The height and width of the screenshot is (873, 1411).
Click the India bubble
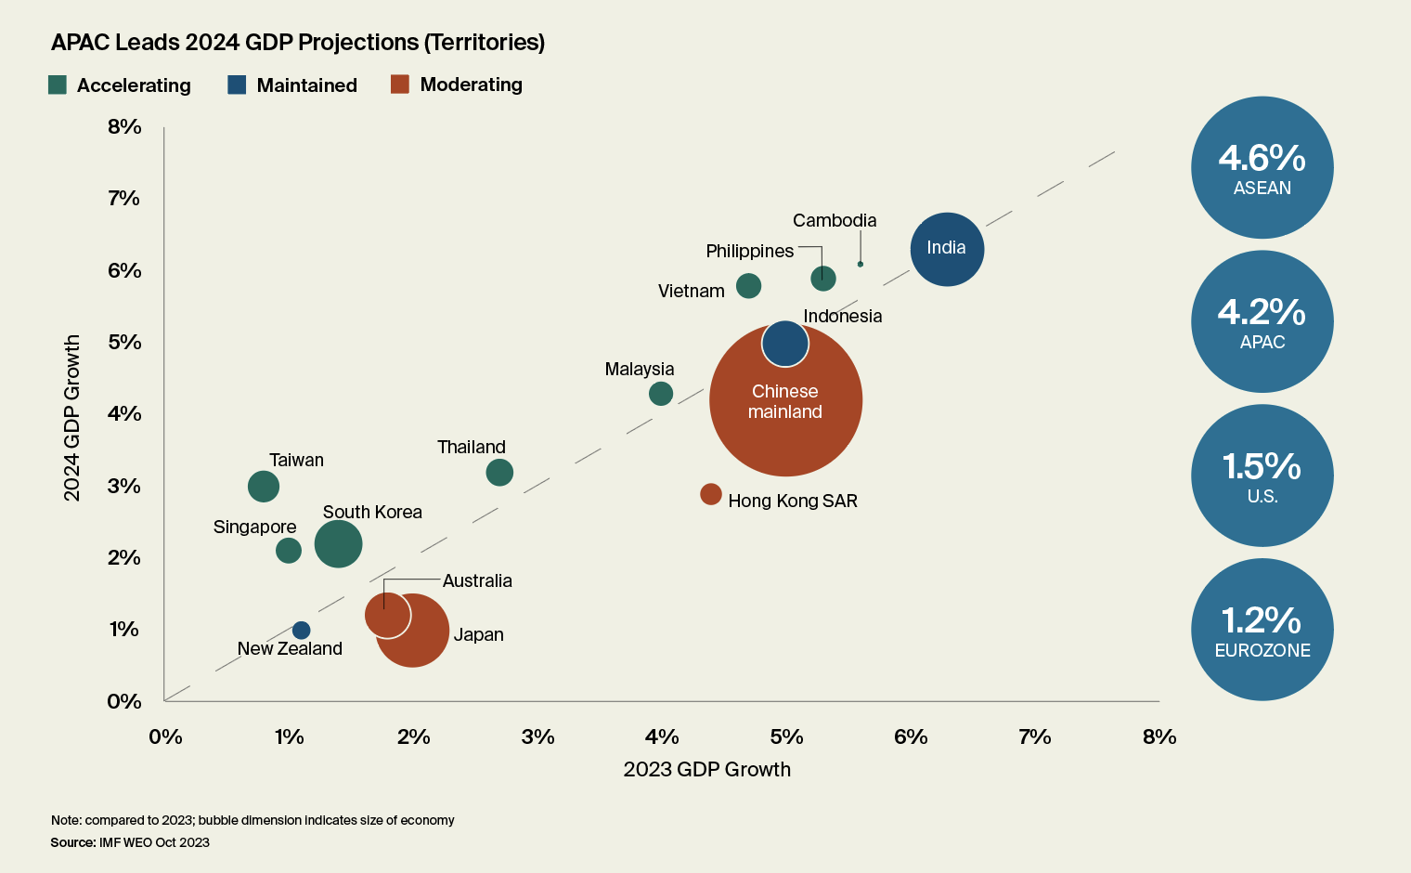click(947, 249)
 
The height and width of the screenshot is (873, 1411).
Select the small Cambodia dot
click(861, 265)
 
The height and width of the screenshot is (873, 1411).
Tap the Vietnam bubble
click(749, 286)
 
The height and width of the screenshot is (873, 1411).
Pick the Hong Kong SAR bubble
click(711, 494)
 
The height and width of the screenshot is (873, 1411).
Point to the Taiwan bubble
click(264, 486)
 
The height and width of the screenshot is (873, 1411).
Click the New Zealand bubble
click(302, 631)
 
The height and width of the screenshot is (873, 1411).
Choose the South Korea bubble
click(338, 544)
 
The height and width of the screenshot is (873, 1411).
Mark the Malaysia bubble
click(661, 394)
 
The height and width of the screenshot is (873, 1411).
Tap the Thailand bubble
click(499, 473)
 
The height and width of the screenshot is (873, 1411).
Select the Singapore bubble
click(289, 551)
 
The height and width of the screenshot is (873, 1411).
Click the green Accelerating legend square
click(58, 85)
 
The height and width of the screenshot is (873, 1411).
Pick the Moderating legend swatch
click(400, 85)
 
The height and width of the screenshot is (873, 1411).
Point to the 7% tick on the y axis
click(123, 198)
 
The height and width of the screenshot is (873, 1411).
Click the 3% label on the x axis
click(537, 737)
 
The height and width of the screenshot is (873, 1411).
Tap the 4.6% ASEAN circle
click(1262, 168)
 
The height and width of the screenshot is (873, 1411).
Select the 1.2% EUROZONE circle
click(1262, 630)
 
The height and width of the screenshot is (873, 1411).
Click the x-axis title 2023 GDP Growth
click(707, 770)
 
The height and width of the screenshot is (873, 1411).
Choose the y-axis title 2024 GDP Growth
click(72, 418)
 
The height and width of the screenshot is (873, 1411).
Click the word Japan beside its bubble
click(479, 635)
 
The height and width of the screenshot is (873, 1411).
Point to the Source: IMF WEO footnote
click(130, 843)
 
